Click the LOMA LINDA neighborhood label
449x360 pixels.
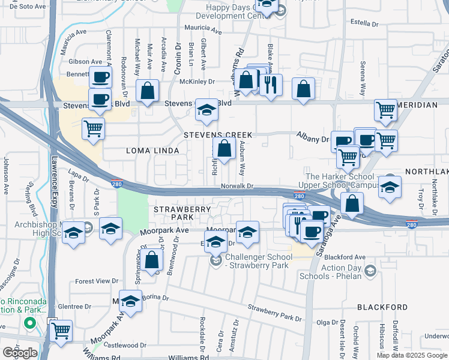click(x=154, y=150)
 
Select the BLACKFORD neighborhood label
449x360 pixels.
click(x=382, y=307)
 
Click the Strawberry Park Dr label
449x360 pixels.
click(x=274, y=312)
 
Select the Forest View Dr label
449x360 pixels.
click(x=97, y=281)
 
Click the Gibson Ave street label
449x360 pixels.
click(x=86, y=61)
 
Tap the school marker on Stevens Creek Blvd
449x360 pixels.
click(x=206, y=110)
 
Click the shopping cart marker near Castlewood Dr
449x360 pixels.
click(x=61, y=330)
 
